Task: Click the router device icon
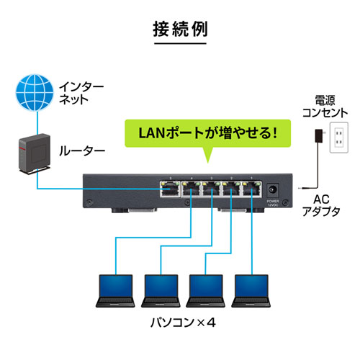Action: (x=30, y=156)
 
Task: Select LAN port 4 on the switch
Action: (x=191, y=191)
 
